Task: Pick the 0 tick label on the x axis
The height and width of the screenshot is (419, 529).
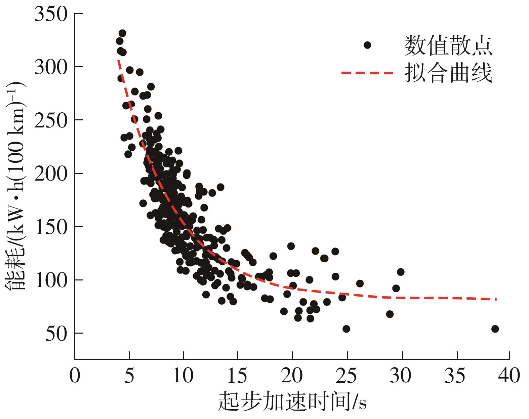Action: (75, 375)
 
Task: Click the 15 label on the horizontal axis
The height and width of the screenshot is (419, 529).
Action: (238, 375)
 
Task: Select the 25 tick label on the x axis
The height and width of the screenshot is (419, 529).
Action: (347, 375)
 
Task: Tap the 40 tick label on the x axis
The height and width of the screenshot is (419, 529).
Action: (510, 375)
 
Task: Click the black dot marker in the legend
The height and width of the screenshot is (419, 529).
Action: (367, 45)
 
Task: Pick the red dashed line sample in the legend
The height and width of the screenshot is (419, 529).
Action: (367, 73)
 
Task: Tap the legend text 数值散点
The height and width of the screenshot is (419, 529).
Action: (449, 45)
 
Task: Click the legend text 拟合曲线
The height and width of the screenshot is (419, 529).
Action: (449, 73)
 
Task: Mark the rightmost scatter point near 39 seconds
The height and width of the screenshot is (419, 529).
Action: (495, 329)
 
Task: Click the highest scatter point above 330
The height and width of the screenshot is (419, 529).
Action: (122, 33)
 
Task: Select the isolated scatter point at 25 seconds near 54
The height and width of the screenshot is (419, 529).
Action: (346, 329)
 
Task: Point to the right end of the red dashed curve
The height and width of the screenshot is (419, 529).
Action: (496, 299)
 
